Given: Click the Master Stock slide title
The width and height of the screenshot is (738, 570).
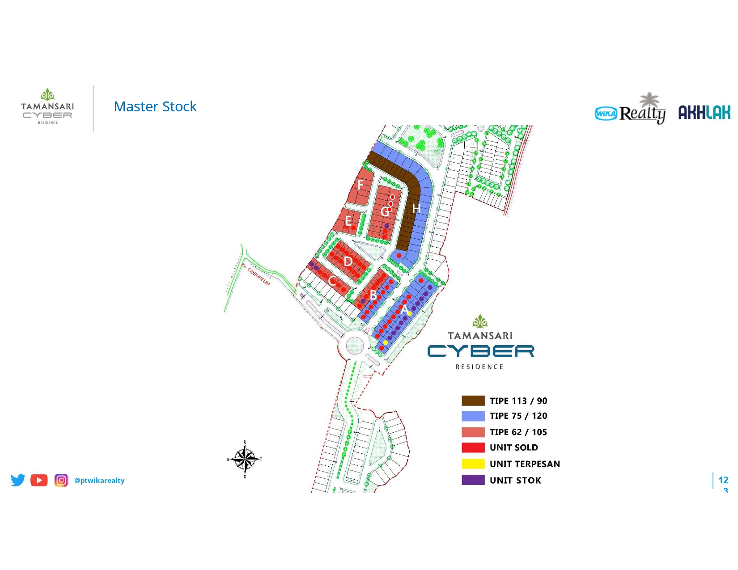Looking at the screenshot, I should [x=155, y=107].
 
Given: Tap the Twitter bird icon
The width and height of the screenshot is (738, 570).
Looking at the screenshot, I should [x=18, y=480].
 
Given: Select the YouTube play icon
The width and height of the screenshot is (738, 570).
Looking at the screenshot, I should [x=39, y=480].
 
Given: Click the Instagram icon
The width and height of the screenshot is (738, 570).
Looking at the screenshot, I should [x=61, y=480].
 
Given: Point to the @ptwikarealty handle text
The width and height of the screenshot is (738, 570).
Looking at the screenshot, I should [x=99, y=481].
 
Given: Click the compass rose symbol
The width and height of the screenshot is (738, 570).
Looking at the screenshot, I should [x=245, y=459].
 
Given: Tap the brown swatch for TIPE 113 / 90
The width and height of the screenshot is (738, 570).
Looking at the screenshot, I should [x=473, y=401].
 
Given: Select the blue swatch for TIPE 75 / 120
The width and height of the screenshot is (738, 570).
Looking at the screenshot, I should [x=473, y=416].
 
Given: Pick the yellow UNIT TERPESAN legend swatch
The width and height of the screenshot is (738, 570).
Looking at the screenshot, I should [x=473, y=464].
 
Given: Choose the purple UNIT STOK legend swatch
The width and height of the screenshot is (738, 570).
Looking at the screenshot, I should [x=473, y=480].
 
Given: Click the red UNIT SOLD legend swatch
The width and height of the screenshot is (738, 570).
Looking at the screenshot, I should [x=473, y=448].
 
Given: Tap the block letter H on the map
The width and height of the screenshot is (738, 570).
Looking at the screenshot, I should [x=416, y=209].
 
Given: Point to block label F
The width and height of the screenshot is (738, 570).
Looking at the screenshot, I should [x=361, y=185].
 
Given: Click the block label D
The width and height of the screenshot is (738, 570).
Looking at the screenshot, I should [x=348, y=262].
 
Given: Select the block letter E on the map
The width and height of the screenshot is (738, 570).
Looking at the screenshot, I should [x=348, y=221].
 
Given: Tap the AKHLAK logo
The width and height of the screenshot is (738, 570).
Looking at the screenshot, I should [x=704, y=113].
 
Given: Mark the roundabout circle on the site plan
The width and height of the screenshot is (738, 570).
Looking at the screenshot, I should [x=355, y=345].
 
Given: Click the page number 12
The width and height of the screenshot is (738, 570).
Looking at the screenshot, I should [x=723, y=480].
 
